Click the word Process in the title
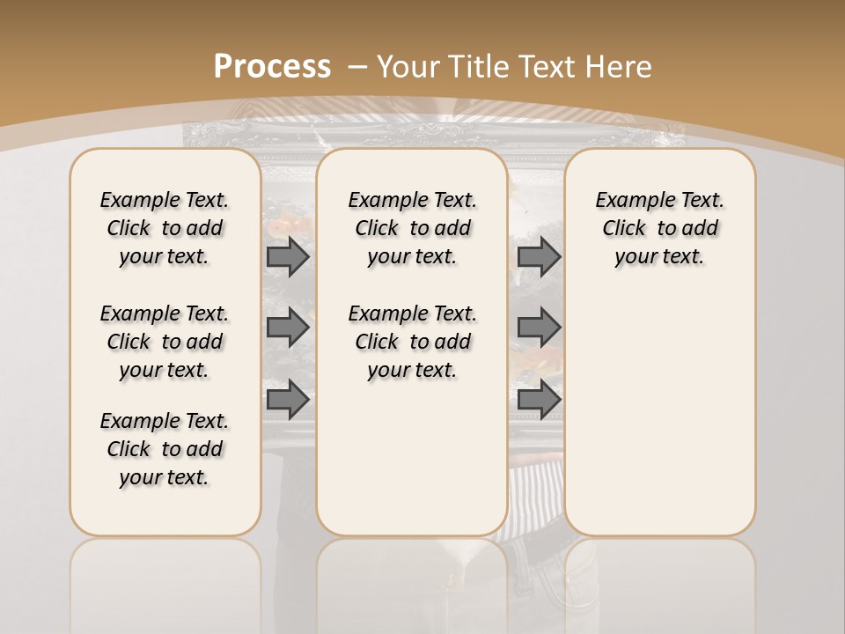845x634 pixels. tap(272, 66)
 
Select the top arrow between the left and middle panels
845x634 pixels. tap(287, 257)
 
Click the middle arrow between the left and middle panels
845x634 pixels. tap(287, 328)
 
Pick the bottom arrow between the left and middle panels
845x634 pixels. tap(287, 400)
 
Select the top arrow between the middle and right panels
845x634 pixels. tap(539, 257)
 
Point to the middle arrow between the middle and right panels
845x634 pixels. tap(539, 328)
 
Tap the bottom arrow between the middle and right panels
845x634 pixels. tap(539, 400)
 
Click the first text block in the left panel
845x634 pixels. tap(165, 228)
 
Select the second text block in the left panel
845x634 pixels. tap(165, 342)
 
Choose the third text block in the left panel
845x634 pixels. tap(165, 449)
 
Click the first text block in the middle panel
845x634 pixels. tap(413, 228)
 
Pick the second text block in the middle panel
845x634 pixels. tap(413, 342)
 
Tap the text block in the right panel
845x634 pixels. tap(660, 228)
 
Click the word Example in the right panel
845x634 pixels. tap(632, 201)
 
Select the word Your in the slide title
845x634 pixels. tap(410, 66)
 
